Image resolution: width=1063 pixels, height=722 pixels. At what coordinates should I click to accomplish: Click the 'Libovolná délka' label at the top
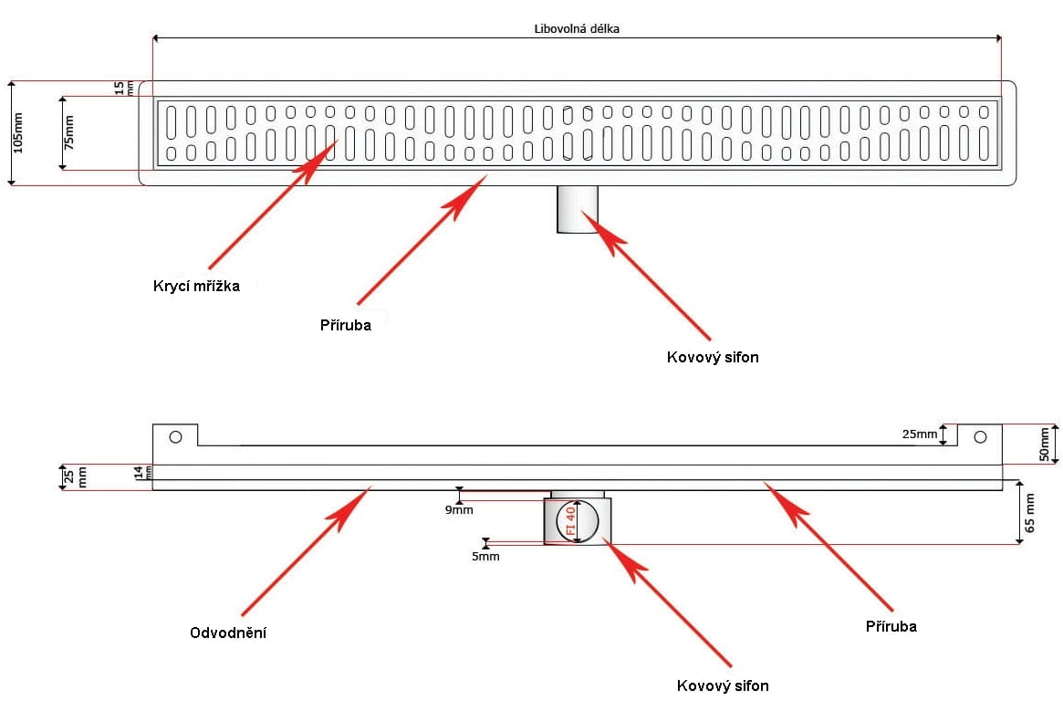(x=577, y=28)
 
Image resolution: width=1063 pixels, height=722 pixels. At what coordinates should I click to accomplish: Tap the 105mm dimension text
(x=17, y=133)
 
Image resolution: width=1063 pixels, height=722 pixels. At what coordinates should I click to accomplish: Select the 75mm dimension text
(x=68, y=133)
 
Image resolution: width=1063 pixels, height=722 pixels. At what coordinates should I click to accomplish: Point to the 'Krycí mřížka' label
(x=196, y=286)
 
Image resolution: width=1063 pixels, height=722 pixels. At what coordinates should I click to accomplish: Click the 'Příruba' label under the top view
(x=346, y=325)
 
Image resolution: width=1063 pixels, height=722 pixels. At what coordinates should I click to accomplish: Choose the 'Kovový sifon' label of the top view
(x=713, y=357)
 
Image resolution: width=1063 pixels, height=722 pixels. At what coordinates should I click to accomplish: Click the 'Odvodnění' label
(x=228, y=633)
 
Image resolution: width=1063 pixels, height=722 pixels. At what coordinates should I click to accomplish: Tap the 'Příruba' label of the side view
(x=891, y=626)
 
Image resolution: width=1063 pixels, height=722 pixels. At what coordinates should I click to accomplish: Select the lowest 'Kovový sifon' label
(x=723, y=685)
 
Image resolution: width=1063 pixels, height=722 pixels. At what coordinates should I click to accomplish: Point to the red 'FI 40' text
(x=570, y=520)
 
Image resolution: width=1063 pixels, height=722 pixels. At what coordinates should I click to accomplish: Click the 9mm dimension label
(x=459, y=510)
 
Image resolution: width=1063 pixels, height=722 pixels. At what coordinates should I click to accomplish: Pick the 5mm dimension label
(x=485, y=557)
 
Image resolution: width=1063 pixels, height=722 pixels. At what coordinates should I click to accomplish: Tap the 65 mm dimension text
(x=1030, y=512)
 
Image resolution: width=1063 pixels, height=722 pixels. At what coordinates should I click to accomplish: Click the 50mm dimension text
(x=1045, y=444)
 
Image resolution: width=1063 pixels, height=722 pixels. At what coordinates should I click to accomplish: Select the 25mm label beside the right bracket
(x=919, y=434)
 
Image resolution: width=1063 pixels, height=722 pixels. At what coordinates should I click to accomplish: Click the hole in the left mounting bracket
(x=175, y=437)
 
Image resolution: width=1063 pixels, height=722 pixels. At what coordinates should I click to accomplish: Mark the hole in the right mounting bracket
(x=980, y=437)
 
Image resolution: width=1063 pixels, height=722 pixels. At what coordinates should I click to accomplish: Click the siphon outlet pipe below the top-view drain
(x=578, y=210)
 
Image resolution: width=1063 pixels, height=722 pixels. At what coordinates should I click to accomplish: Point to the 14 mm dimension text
(x=143, y=472)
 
